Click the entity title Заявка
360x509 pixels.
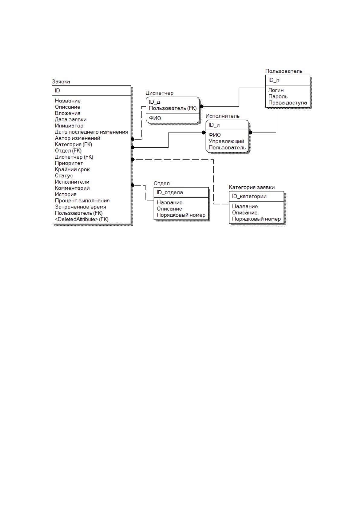pos(61,82)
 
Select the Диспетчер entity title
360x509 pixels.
pos(159,93)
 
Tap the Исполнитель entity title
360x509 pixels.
pos(222,116)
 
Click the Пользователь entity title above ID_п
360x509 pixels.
pos(284,71)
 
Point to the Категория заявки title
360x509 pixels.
pos(252,187)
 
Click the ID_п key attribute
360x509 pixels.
pos(274,80)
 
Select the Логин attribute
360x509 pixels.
pos(276,90)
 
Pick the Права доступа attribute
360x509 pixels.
pos(287,103)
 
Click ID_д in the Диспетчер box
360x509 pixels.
pos(154,102)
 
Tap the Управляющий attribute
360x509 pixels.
pos(226,141)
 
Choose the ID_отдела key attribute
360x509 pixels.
pos(170,192)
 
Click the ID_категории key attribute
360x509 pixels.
pos(249,196)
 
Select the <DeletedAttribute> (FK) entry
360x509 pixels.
pos(82,219)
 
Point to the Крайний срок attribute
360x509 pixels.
pos(72,169)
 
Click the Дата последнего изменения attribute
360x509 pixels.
pos(91,132)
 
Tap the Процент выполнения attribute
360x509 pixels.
pos(82,201)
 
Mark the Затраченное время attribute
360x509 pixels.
pos(80,207)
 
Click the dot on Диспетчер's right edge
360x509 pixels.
pos(202,106)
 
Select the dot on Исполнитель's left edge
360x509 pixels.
pos(204,133)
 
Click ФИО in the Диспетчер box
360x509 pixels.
pos(155,118)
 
